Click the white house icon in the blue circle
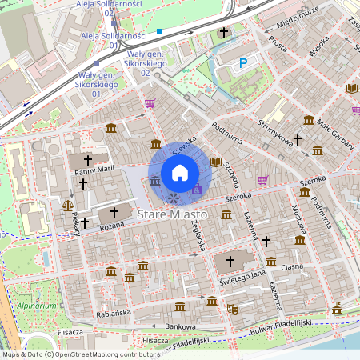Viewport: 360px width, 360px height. click(x=180, y=172)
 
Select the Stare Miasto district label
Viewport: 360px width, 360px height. click(x=172, y=215)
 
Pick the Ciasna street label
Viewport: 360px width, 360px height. click(x=291, y=267)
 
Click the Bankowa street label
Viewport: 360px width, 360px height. click(x=180, y=326)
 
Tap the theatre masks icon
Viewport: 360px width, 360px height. click(x=233, y=309)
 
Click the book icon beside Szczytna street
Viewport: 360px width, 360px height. click(x=214, y=162)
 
